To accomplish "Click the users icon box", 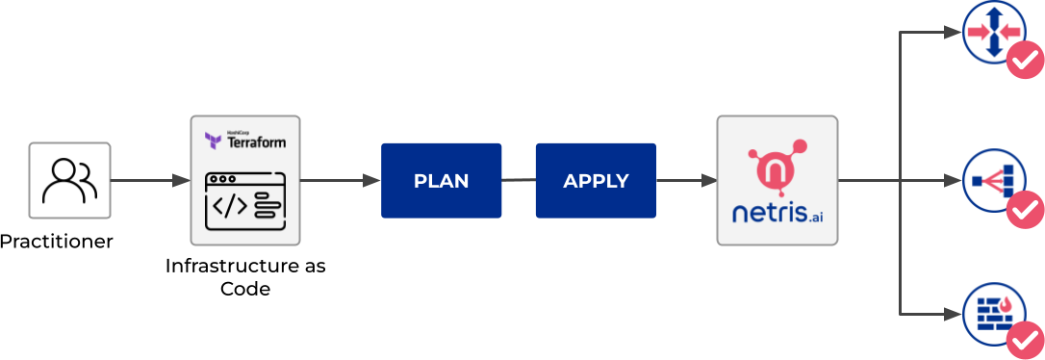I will coord(69,180).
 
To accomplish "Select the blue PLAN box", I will coord(441,180).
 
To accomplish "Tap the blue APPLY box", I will coord(596,180).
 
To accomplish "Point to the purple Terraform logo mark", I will coord(214,141).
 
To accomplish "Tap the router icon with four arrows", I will coord(991,32).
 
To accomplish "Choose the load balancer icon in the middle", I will coord(991,180).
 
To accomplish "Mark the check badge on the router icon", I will coord(1024,63).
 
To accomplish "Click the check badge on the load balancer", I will coord(1024,209).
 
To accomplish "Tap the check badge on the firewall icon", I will coord(1024,340).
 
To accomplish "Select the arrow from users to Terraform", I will coord(149,180).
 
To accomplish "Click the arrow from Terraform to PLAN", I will coord(340,180).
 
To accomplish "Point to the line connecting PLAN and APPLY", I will coord(518,180).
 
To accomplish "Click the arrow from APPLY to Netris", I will coord(686,180).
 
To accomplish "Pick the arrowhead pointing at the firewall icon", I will coord(955,313).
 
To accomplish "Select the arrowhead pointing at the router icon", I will coord(955,32).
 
